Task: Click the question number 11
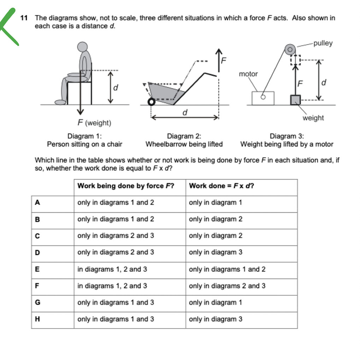point(24,18)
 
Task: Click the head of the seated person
point(82,47)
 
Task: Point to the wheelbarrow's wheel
point(151,102)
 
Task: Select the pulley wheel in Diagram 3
point(290,49)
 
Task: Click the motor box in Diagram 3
point(263,98)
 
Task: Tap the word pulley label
point(323,43)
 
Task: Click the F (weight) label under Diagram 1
point(94,123)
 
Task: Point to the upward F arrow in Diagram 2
point(219,60)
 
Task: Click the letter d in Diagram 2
point(184,112)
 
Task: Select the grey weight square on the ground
point(295,100)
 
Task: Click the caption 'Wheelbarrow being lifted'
point(184,144)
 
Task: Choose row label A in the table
point(37,203)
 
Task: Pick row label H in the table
point(37,319)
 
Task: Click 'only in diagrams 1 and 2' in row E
point(227,269)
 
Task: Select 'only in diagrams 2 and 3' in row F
point(227,286)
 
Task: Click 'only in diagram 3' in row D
point(216,252)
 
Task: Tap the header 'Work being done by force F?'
point(126,186)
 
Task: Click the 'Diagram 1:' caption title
point(84,136)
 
